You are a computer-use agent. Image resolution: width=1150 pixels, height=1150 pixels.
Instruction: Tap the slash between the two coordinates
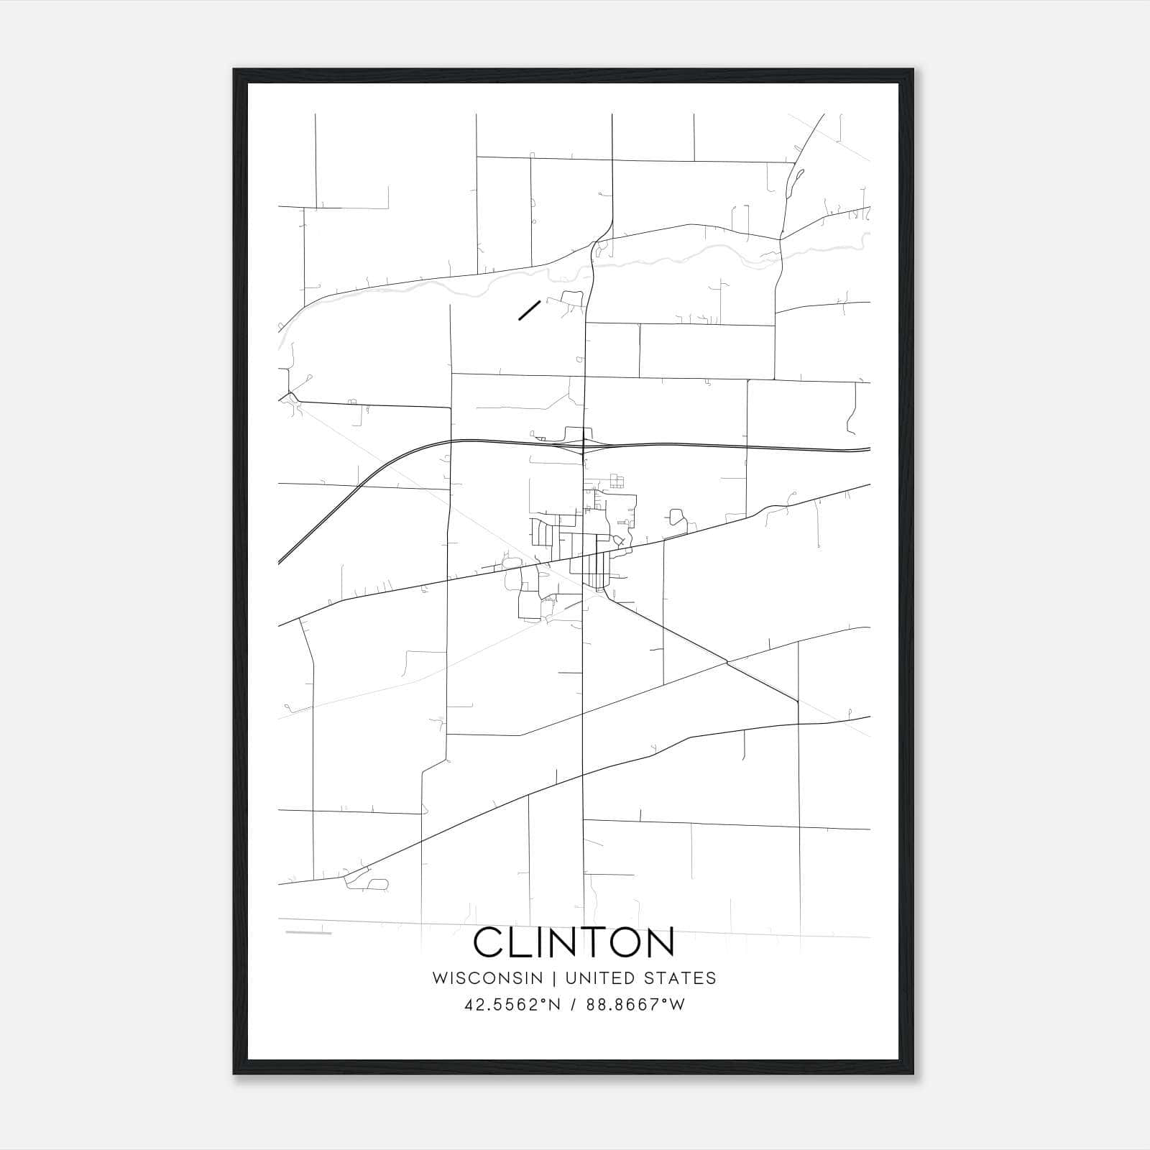[x=572, y=1005]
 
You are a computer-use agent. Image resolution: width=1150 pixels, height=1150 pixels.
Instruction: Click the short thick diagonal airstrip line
[x=529, y=310]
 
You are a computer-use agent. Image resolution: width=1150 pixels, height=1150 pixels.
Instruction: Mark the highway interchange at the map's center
[x=584, y=446]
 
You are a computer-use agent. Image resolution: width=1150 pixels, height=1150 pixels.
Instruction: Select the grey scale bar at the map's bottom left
[x=308, y=933]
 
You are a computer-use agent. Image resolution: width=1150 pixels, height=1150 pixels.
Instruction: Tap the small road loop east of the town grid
[x=676, y=517]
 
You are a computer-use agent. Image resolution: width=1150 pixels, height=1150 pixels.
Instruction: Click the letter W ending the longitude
[x=677, y=1005]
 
